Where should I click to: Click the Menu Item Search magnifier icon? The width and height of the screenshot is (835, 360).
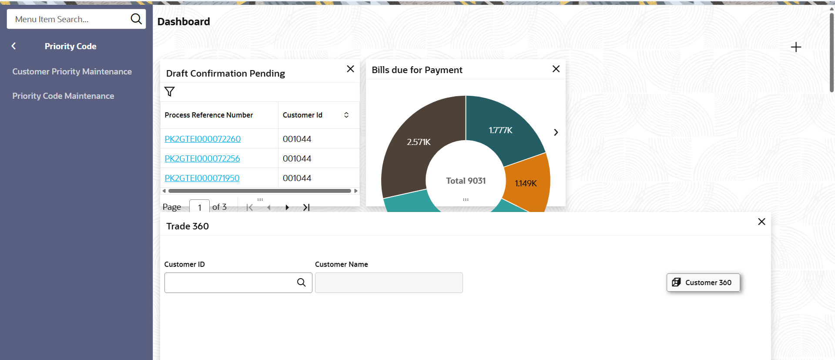coord(136,19)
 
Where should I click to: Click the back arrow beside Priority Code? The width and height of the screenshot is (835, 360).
coord(13,46)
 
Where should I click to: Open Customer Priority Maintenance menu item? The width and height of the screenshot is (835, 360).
coord(72,71)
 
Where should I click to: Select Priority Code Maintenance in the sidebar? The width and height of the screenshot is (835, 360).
coord(63,96)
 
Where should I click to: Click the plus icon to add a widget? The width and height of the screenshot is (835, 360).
coord(796,47)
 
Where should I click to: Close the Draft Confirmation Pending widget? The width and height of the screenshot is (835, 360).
coord(350,69)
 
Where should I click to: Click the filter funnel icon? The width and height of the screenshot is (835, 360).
coord(169,91)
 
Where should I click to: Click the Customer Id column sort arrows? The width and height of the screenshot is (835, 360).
coord(346,115)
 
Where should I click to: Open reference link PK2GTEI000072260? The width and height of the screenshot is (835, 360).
coord(202,139)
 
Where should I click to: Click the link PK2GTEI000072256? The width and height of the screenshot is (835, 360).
coord(202,158)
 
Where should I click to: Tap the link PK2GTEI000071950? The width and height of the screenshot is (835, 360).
coord(202,178)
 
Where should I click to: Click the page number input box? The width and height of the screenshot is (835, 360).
coord(199,207)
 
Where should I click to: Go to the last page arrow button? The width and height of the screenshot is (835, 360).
coord(306,207)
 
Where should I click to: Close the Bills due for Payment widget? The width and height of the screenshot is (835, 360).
coord(556,69)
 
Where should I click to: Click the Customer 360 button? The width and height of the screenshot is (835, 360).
coord(703,283)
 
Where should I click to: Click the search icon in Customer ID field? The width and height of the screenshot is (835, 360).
coord(301,283)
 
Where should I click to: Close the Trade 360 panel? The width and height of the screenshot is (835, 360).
coord(761,222)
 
